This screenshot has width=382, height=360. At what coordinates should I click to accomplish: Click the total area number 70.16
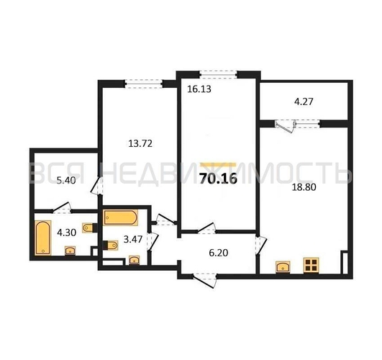click(218, 179)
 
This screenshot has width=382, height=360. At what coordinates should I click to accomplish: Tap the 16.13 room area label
click(199, 89)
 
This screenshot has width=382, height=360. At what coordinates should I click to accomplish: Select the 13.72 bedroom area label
click(140, 143)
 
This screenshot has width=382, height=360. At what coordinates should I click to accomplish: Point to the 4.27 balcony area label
click(304, 102)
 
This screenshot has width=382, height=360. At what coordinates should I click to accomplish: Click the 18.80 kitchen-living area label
click(304, 187)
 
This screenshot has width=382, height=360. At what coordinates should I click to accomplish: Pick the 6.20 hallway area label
click(219, 253)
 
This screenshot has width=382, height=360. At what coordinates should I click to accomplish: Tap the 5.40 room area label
click(66, 181)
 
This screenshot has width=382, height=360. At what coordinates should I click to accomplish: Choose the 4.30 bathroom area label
click(66, 233)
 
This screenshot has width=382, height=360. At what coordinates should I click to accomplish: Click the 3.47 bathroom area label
click(133, 239)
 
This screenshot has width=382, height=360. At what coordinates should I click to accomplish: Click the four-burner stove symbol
click(311, 265)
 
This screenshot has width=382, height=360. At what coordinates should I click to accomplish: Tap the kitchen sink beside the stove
click(283, 267)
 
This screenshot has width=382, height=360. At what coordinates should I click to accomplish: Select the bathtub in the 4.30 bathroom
click(43, 238)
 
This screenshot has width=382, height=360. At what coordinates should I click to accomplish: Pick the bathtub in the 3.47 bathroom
click(121, 217)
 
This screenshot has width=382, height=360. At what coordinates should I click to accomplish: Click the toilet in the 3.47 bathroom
click(111, 245)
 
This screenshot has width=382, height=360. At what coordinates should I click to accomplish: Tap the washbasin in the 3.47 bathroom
click(134, 260)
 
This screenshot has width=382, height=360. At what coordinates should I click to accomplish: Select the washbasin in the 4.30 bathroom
click(71, 251)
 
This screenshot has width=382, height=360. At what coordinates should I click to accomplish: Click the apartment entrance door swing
click(205, 280)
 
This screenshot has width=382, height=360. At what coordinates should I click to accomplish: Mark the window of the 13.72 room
click(144, 84)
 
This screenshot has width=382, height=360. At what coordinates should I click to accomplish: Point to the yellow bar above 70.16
click(218, 164)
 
